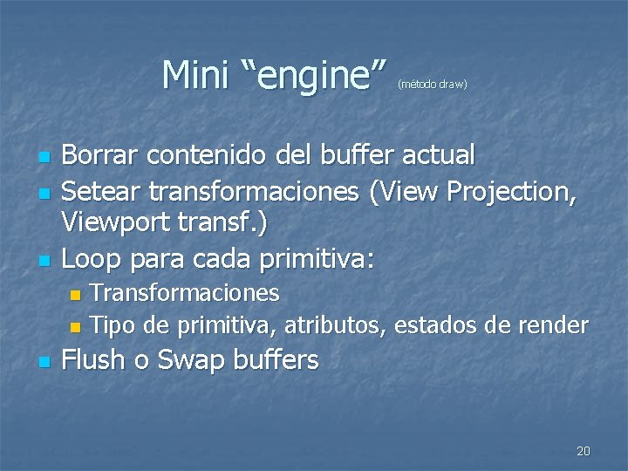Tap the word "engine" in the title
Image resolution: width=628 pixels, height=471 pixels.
311,76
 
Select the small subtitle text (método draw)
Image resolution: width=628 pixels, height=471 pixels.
433,85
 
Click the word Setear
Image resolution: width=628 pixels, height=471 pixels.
100,189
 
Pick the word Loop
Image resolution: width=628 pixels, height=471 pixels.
90,258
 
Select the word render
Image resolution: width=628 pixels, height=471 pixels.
553,325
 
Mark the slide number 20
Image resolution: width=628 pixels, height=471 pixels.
584,451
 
